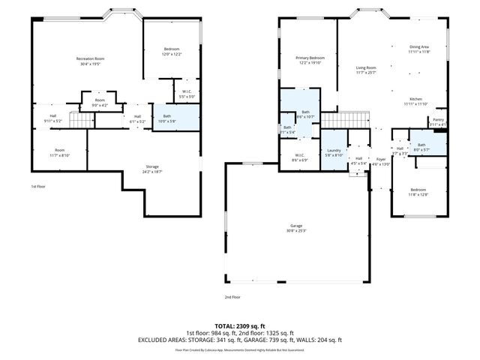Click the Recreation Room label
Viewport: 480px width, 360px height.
point(90,58)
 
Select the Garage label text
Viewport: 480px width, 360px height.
point(297,225)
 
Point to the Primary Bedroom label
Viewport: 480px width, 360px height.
point(310,58)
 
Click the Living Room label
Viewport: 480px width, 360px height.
point(366,67)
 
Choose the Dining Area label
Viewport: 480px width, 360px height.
point(418,46)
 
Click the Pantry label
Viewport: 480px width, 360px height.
point(438,119)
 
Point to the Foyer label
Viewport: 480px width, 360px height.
point(381,158)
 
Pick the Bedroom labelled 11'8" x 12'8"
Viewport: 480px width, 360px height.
point(418,190)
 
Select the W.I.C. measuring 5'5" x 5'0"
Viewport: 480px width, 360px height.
point(187,93)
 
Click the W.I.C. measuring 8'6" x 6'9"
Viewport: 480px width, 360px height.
point(298,155)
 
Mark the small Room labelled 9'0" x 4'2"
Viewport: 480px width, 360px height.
point(100,100)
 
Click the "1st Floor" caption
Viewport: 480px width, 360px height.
point(38,186)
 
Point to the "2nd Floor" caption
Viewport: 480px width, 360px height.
point(232,297)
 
